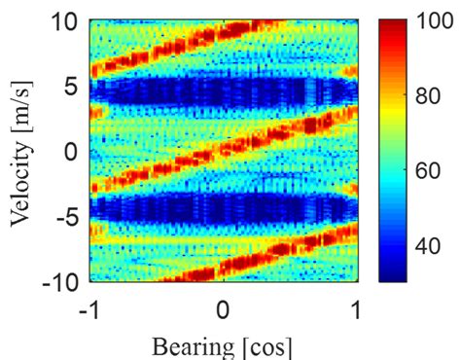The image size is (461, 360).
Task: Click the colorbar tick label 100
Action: click(435, 20)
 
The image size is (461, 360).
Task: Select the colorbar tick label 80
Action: click(428, 96)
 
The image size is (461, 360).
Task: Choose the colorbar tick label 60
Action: click(428, 171)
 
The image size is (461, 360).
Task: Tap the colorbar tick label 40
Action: click(428, 246)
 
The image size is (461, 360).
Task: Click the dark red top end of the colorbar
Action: click(392, 23)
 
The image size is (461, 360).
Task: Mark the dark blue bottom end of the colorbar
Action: click(392, 274)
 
